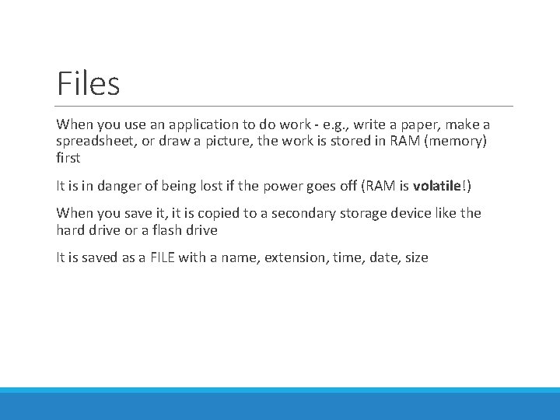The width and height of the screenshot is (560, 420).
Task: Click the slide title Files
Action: pyautogui.click(x=88, y=83)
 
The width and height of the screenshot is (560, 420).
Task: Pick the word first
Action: pyautogui.click(x=68, y=158)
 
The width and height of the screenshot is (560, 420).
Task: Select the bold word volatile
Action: pyautogui.click(x=438, y=186)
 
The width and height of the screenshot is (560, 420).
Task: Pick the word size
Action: pyautogui.click(x=416, y=257)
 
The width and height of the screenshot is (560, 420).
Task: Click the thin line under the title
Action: pyautogui.click(x=285, y=106)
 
